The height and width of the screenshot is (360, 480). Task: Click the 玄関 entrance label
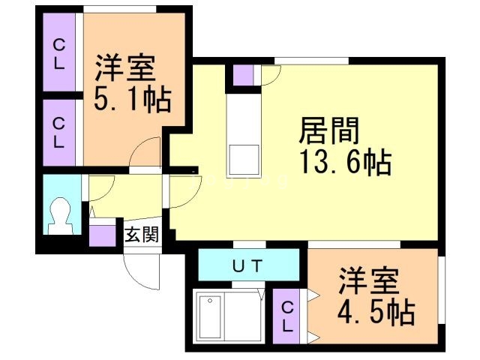tap(142, 235)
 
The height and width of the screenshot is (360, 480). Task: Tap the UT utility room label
tap(247, 265)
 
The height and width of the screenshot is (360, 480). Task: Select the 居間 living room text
tap(329, 130)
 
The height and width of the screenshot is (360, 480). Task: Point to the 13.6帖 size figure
tap(346, 161)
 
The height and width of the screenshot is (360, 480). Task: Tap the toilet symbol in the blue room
tap(61, 216)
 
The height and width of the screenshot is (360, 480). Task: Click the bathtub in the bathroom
tap(210, 316)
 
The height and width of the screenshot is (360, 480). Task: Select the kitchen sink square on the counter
tap(244, 160)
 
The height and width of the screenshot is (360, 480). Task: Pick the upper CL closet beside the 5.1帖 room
tap(59, 52)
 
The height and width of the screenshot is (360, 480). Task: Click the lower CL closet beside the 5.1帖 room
tap(59, 133)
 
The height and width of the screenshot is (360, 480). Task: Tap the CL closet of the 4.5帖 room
tap(286, 316)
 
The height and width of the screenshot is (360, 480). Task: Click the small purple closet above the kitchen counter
tap(243, 75)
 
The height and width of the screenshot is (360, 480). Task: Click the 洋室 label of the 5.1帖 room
tap(124, 67)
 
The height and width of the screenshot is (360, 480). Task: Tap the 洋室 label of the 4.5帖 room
tap(368, 280)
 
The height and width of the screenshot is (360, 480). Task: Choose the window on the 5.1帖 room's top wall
tap(120, 10)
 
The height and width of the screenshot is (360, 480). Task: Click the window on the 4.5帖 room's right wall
tap(442, 290)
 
